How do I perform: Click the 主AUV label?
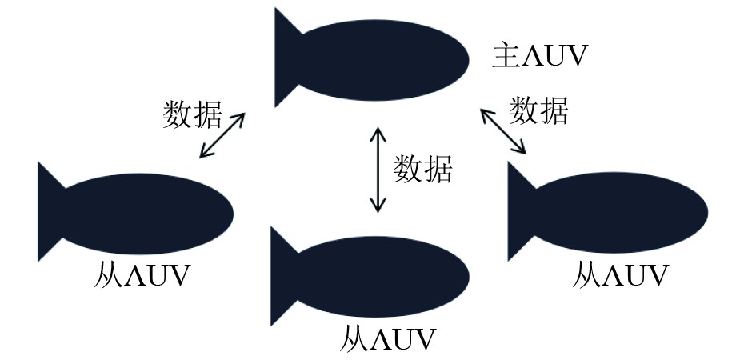click(540, 57)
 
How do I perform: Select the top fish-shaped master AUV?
click(384, 59)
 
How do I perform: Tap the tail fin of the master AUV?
click(286, 58)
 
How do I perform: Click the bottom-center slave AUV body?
click(382, 276)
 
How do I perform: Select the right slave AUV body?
click(620, 211)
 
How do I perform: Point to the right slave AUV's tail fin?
click(520, 211)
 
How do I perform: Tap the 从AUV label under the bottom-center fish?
click(388, 338)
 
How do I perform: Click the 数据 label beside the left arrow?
click(192, 114)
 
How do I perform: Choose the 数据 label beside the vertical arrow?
click(422, 169)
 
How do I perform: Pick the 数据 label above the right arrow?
click(539, 110)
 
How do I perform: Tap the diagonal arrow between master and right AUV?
click(503, 131)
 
